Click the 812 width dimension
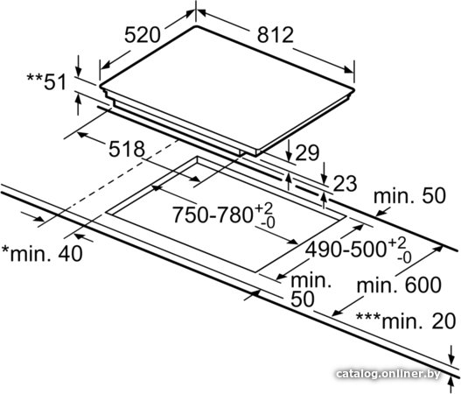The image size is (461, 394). click(x=276, y=35)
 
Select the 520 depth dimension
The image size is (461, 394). click(x=143, y=35)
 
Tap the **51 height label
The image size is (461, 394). click(x=46, y=82)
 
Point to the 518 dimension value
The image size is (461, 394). click(x=127, y=149)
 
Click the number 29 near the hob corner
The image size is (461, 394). click(x=307, y=152)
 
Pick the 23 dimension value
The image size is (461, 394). click(x=345, y=184)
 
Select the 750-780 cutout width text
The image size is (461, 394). click(x=212, y=215)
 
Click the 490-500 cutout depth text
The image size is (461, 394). click(x=346, y=250)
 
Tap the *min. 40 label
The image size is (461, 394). click(x=42, y=253)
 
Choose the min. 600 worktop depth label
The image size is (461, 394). click(x=399, y=285)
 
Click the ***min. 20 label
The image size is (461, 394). click(x=406, y=321)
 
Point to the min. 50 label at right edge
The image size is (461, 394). click(x=409, y=195)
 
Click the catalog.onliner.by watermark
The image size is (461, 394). click(x=388, y=374)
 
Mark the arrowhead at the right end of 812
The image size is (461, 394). click(x=349, y=70)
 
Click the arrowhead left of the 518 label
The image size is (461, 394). click(x=81, y=135)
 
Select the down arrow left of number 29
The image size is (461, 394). click(x=289, y=150)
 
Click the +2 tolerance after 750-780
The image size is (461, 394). click(x=263, y=208)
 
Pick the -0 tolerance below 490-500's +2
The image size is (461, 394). click(x=404, y=258)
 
